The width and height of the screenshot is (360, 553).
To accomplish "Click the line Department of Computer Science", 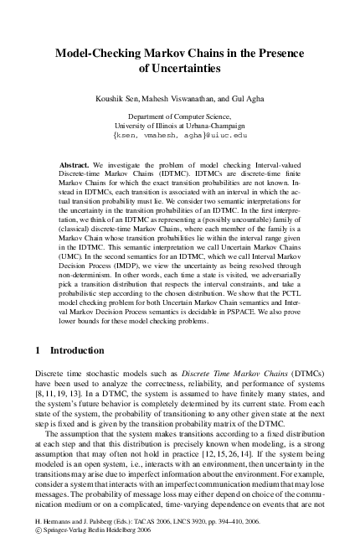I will click(x=179, y=116).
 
